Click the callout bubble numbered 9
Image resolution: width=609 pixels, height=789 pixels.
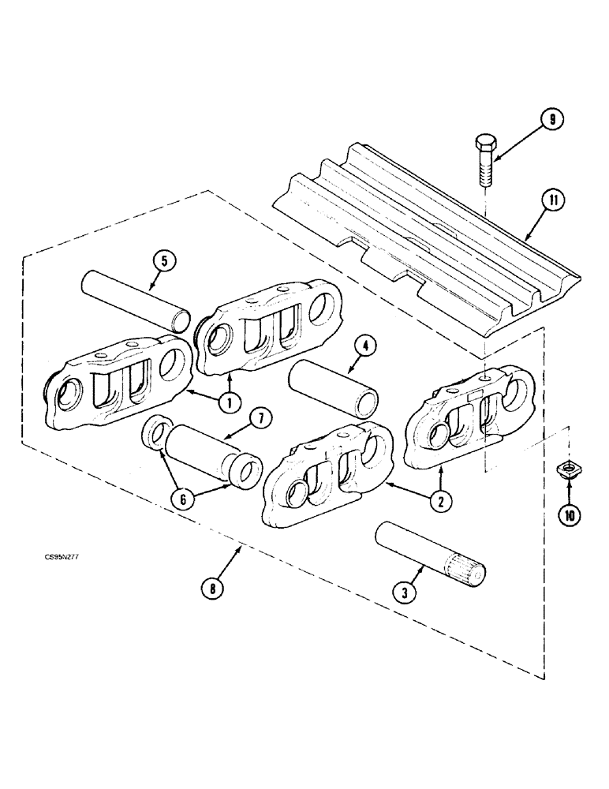551,120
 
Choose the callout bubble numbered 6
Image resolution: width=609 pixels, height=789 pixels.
183,499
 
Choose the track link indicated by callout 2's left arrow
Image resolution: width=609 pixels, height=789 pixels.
330,473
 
